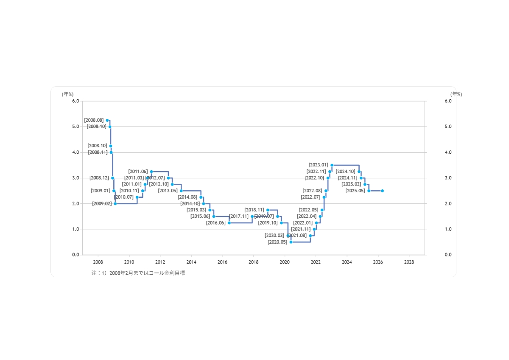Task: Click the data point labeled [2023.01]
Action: (332, 165)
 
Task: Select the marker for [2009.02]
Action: (115, 204)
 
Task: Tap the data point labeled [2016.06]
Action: (229, 223)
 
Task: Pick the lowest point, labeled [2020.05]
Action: (291, 242)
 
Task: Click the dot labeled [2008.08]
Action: (107, 121)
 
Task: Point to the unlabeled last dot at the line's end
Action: (382, 191)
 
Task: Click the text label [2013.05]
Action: (168, 191)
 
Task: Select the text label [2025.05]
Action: (355, 191)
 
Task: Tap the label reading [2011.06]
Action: (138, 172)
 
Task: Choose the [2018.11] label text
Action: (254, 210)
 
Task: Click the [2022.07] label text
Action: (310, 197)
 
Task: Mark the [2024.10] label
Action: (345, 172)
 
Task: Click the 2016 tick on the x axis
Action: (222, 262)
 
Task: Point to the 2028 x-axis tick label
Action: (409, 262)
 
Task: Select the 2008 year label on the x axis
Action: (98, 262)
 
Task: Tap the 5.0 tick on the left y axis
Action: (75, 127)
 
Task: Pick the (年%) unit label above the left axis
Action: (67, 94)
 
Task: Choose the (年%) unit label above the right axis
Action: (456, 94)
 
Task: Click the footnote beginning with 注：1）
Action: (138, 273)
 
